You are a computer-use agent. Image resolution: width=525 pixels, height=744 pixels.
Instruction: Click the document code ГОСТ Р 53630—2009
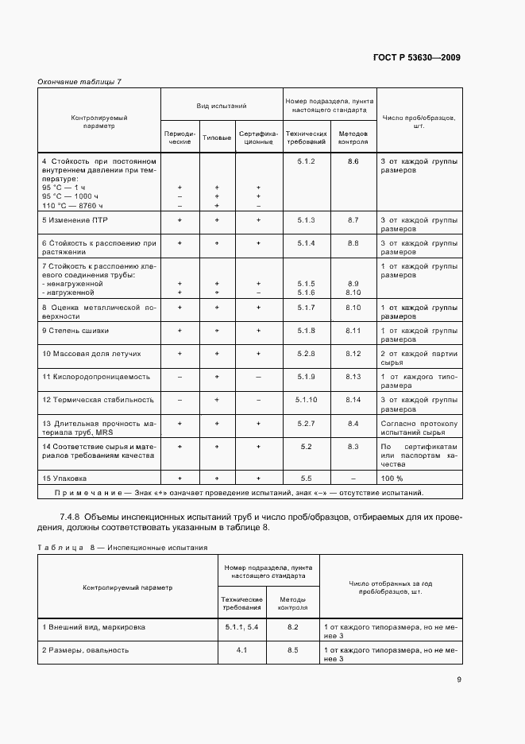[x=416, y=57]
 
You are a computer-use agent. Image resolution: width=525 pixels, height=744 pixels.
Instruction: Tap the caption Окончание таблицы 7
[x=79, y=82]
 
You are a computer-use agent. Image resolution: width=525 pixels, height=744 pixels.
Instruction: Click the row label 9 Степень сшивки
[x=76, y=330]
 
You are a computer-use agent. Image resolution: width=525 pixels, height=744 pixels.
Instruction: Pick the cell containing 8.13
[x=353, y=376]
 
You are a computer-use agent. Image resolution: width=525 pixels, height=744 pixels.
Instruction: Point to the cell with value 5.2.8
[x=306, y=353]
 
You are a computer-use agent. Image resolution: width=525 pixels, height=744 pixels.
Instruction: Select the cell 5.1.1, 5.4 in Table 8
[x=241, y=627]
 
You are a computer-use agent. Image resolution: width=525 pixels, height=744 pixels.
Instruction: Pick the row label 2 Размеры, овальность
[x=85, y=650]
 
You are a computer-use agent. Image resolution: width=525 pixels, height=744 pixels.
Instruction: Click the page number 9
[x=459, y=679]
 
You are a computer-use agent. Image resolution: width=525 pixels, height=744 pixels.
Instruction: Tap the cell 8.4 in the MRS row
[x=353, y=424]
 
